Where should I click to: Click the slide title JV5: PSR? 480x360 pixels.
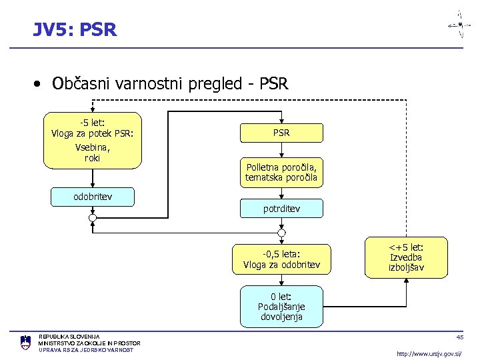pos(75,29)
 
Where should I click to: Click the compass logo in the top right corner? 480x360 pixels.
pos(459,24)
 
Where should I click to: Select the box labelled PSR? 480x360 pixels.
pos(281,133)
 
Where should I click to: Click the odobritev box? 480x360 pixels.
pos(93,197)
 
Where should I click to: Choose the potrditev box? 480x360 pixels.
pos(281,209)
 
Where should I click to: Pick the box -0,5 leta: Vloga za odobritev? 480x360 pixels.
pos(281,259)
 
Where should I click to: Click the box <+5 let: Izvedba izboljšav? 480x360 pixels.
pos(406,258)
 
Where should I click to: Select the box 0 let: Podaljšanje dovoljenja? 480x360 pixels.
pos(281,307)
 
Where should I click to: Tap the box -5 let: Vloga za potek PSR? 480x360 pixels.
pos(93,140)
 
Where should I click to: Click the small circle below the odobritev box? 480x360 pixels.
pos(93,218)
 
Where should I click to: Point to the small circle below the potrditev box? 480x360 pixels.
pos(281,233)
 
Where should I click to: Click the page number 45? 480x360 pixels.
pos(459,337)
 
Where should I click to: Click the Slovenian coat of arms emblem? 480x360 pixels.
pos(25,343)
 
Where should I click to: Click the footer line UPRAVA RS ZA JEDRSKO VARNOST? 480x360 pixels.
pos(86,350)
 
